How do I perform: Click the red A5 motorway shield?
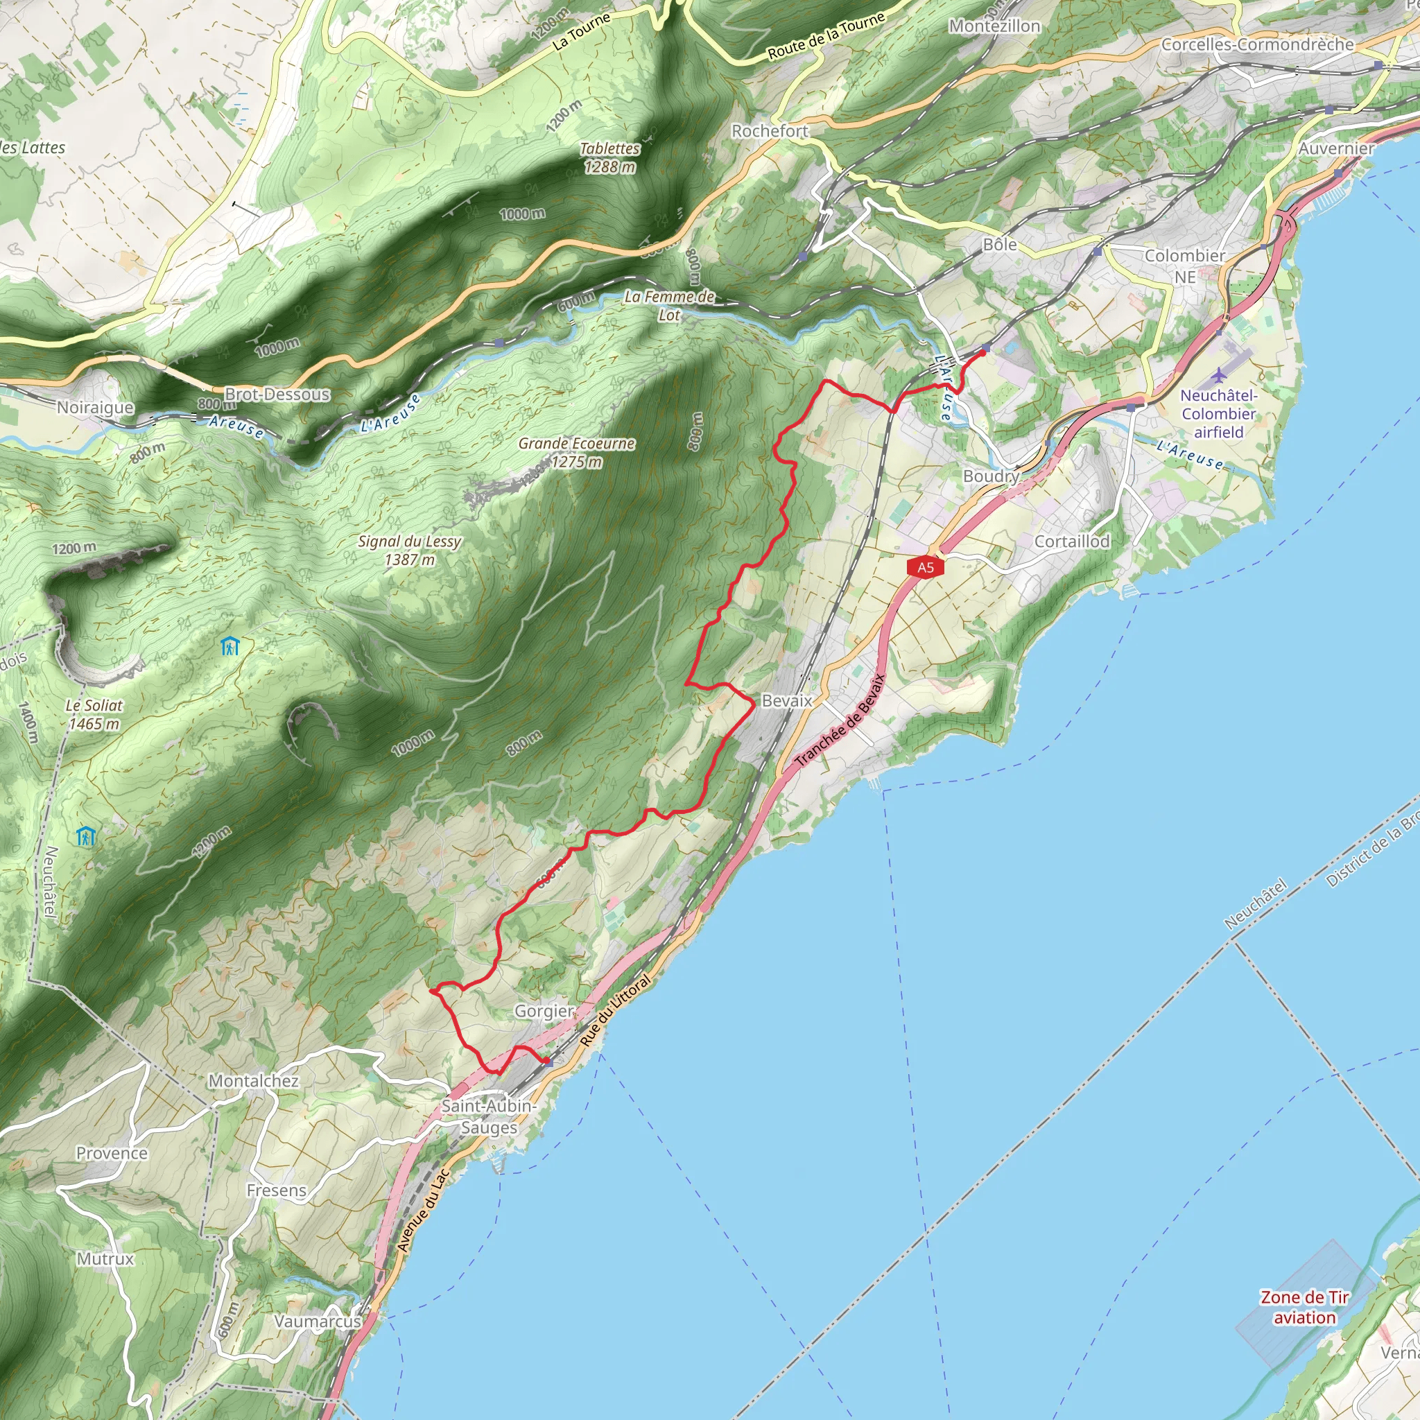point(926,566)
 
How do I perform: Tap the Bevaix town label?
point(786,700)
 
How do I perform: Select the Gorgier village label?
point(543,1011)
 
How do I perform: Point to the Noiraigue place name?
point(96,407)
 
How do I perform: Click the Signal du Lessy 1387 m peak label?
point(409,551)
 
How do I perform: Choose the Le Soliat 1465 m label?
point(94,714)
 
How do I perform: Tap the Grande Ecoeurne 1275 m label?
point(576,452)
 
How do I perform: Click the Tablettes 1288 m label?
point(609,157)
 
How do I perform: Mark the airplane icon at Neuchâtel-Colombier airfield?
point(1220,375)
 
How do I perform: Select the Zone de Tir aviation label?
point(1305,1308)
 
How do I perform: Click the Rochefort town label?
point(770,131)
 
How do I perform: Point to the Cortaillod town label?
point(1072,541)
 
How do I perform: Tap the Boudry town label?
point(991,476)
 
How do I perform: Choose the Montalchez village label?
point(254,1080)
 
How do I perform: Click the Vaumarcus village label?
point(318,1342)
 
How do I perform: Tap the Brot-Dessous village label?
point(277,394)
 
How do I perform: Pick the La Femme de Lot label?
point(669,306)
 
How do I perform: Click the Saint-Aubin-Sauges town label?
point(490,1116)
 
